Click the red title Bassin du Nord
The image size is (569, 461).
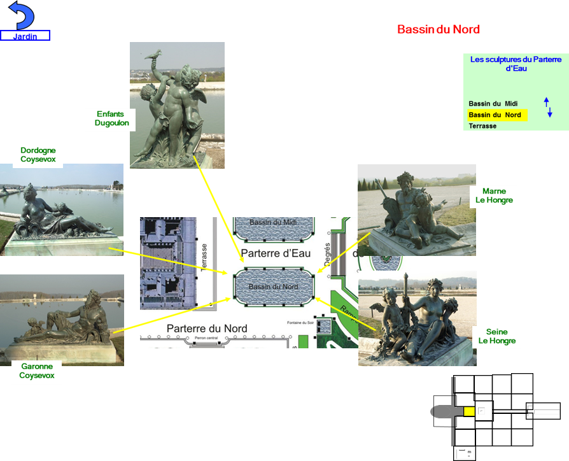point(438,29)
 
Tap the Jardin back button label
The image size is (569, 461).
point(25,36)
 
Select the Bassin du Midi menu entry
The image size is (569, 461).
point(493,104)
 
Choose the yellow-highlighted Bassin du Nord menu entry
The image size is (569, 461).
point(495,115)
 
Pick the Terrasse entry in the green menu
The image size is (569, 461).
point(482,126)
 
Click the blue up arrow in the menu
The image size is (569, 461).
point(546,102)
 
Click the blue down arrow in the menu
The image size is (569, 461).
point(550,113)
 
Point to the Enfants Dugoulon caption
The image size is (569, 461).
point(111,118)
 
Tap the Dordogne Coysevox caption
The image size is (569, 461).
point(38,155)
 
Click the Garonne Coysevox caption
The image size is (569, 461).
point(37,371)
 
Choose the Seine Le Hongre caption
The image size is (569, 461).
point(496,336)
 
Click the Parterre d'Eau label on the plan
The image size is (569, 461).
point(276,253)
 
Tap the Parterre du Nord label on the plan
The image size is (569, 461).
point(207,329)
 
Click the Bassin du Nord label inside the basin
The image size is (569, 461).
point(273,287)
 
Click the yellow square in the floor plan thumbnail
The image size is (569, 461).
point(469,411)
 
